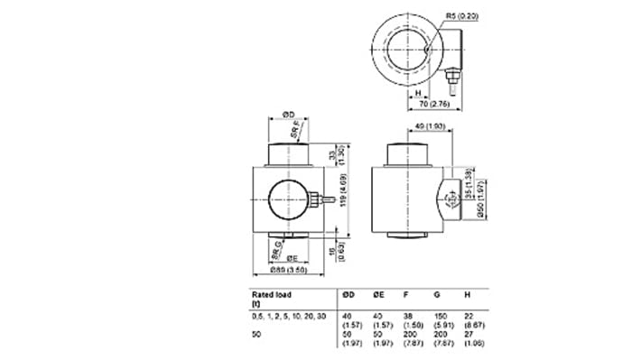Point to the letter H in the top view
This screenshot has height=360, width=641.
[x=419, y=91]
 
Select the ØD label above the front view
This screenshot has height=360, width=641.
[x=288, y=114]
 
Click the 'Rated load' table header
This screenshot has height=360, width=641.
[x=277, y=294]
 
